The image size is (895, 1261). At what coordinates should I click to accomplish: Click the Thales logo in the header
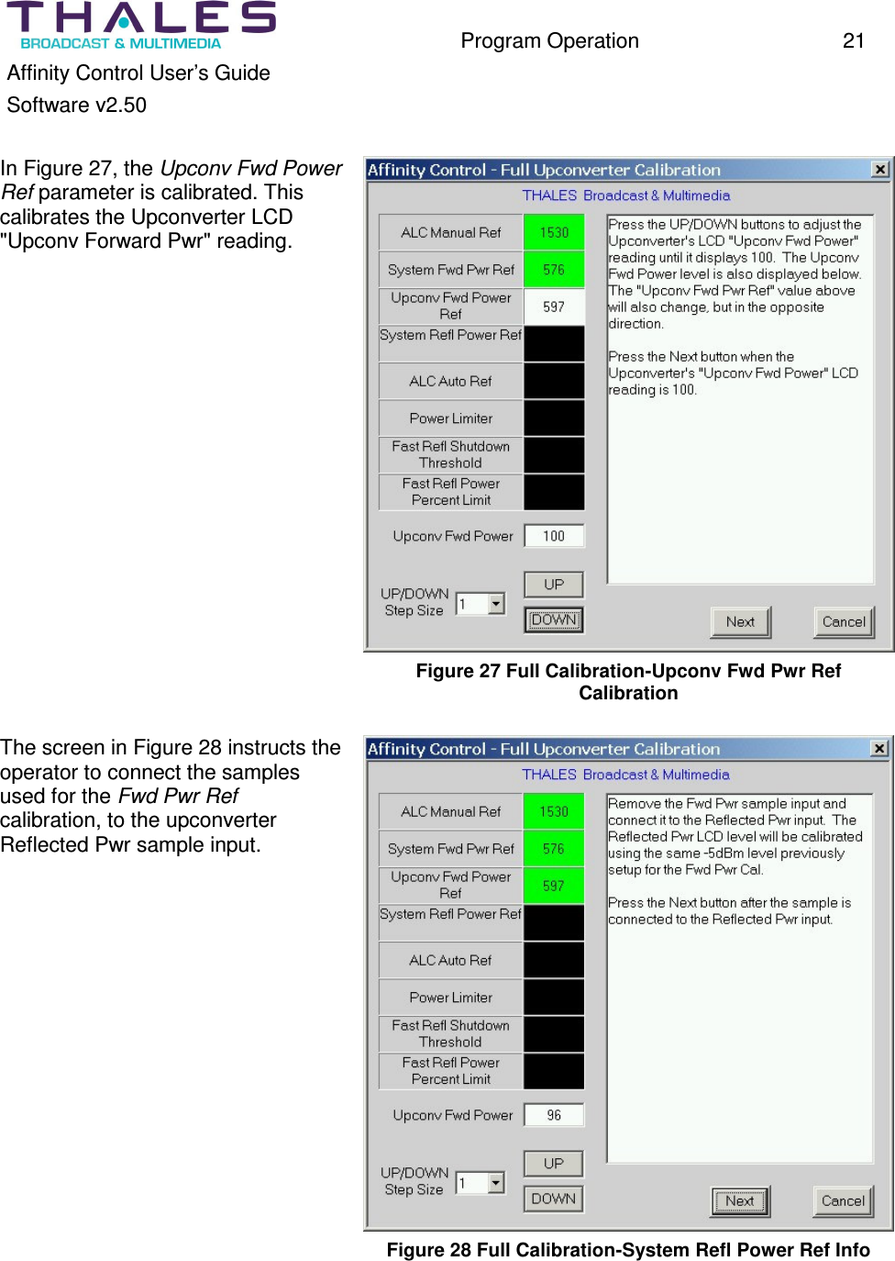pyautogui.click(x=142, y=25)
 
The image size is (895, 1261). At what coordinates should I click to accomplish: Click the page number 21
pyautogui.click(x=853, y=40)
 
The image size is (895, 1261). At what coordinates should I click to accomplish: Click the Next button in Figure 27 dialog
pyautogui.click(x=740, y=621)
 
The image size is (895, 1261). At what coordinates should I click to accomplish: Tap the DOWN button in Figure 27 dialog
pyautogui.click(x=554, y=619)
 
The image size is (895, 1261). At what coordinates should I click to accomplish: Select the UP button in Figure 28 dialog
pyautogui.click(x=554, y=1164)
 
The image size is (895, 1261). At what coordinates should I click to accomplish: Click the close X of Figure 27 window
pyautogui.click(x=879, y=169)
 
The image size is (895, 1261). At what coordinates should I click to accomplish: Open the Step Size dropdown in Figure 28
pyautogui.click(x=496, y=1182)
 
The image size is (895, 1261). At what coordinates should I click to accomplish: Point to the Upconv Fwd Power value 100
pyautogui.click(x=554, y=536)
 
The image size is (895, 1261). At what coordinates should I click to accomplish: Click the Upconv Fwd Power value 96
pyautogui.click(x=554, y=1115)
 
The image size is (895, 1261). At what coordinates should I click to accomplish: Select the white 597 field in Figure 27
pyautogui.click(x=554, y=307)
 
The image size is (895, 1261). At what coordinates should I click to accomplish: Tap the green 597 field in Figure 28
pyautogui.click(x=554, y=886)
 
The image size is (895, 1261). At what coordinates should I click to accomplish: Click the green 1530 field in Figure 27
pyautogui.click(x=554, y=232)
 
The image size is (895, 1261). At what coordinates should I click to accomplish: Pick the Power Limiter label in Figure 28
pyautogui.click(x=451, y=998)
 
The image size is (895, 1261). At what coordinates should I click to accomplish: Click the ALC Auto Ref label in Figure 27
pyautogui.click(x=451, y=381)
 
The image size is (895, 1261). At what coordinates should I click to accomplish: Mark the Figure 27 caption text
pyautogui.click(x=628, y=682)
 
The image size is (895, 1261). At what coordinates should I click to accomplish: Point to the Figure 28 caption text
pyautogui.click(x=628, y=1250)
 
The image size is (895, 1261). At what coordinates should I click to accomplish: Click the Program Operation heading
pyautogui.click(x=549, y=41)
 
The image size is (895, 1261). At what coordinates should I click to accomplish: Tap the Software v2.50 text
pyautogui.click(x=77, y=106)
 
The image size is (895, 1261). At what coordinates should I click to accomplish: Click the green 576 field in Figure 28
pyautogui.click(x=554, y=849)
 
